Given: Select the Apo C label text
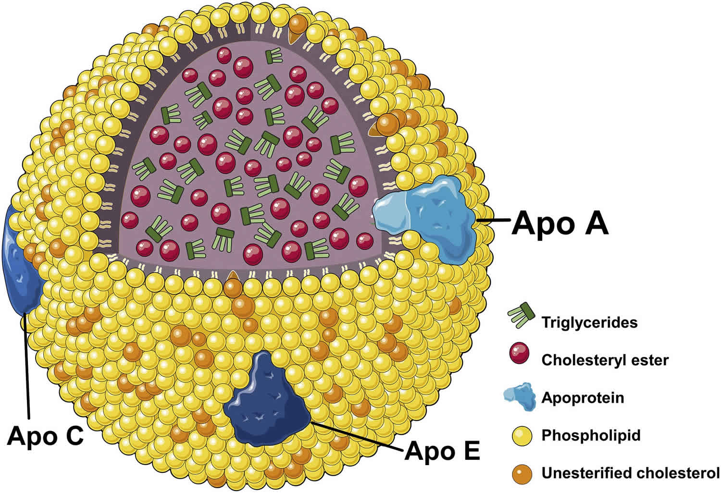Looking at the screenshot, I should click(x=46, y=436).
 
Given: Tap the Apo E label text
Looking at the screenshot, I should click(x=442, y=451).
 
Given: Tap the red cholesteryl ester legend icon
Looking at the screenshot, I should click(x=519, y=355).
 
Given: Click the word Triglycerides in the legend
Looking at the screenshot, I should click(x=589, y=322).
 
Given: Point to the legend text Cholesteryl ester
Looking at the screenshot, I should click(x=605, y=360).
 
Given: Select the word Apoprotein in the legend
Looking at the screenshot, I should click(x=583, y=398).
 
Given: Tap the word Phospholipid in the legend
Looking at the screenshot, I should click(x=591, y=435).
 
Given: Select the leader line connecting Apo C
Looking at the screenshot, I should click(x=27, y=365).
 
